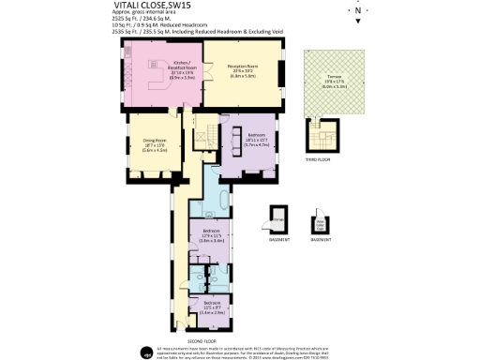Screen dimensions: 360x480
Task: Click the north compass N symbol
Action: tap(356, 12)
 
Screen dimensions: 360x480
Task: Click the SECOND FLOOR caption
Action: tap(202, 340)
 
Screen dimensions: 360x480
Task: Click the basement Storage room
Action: tap(278, 221)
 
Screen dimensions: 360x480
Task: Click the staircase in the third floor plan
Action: tap(324, 138)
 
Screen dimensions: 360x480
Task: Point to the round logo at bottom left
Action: tap(147, 352)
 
